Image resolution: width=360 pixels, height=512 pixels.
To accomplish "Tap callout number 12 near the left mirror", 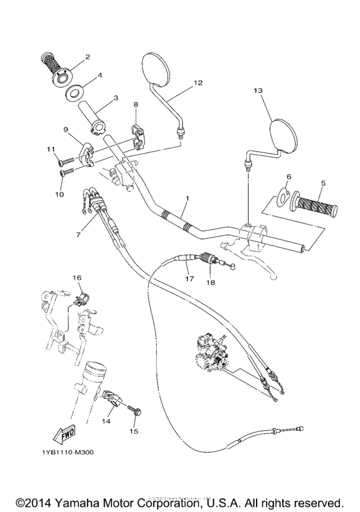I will click(197, 83).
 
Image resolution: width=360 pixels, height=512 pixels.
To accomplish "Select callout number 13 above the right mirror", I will click(258, 92).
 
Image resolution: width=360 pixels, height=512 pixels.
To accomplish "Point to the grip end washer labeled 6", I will click(282, 198).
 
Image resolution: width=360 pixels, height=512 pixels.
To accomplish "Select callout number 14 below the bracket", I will click(107, 421).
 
